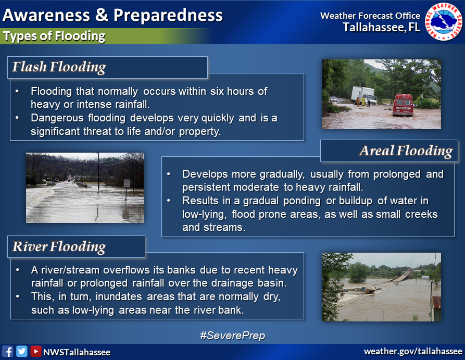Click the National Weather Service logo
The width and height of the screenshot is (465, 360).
pos(443,21)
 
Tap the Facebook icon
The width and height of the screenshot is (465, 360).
pos(7,351)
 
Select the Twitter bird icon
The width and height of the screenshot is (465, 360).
pos(22,351)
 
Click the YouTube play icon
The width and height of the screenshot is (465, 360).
pos(35,351)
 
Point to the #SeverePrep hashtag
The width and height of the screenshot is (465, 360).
pos(232,336)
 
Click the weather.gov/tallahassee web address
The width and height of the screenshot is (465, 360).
pos(413,351)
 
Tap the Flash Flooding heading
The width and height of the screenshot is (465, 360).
pos(59,67)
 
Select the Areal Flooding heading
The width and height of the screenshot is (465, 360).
pos(406,151)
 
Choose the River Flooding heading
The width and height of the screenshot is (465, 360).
pos(59,246)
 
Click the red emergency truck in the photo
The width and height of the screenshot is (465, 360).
pos(403,105)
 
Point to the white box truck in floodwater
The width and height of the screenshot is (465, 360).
pos(363,95)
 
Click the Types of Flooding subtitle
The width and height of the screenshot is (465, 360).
pos(54,36)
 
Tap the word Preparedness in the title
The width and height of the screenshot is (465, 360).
pos(168,15)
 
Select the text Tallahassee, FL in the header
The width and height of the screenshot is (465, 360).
pos(382,27)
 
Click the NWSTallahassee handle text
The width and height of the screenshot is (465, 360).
pos(77,352)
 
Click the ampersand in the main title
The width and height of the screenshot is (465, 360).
pos(102,15)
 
